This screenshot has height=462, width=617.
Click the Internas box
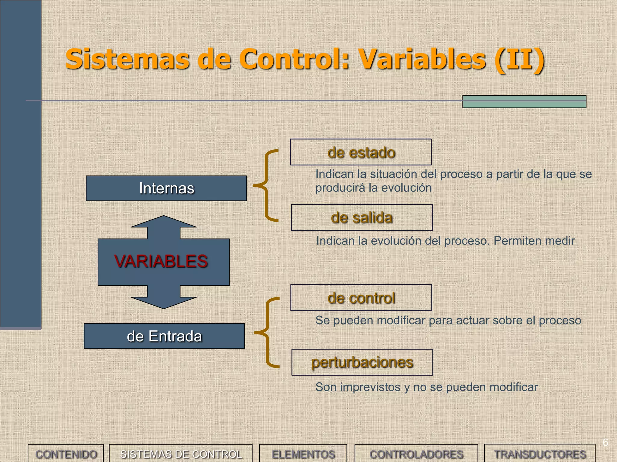[166, 188]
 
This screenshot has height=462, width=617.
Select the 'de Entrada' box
[164, 336]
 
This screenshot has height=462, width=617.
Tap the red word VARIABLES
[161, 261]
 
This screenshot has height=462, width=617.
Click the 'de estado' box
[361, 152]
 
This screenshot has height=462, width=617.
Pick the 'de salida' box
[362, 217]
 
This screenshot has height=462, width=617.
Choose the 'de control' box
[361, 298]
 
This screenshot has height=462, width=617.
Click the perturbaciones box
[362, 362]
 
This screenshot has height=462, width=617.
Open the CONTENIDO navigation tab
[66, 454]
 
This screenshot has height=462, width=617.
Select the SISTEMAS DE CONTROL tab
[181, 454]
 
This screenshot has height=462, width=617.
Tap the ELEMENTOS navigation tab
[303, 454]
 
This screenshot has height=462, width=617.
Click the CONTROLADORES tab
[416, 454]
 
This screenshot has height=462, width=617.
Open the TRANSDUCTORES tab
[540, 454]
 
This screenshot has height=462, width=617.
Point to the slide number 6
[605, 442]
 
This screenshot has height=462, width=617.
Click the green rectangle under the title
[524, 102]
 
